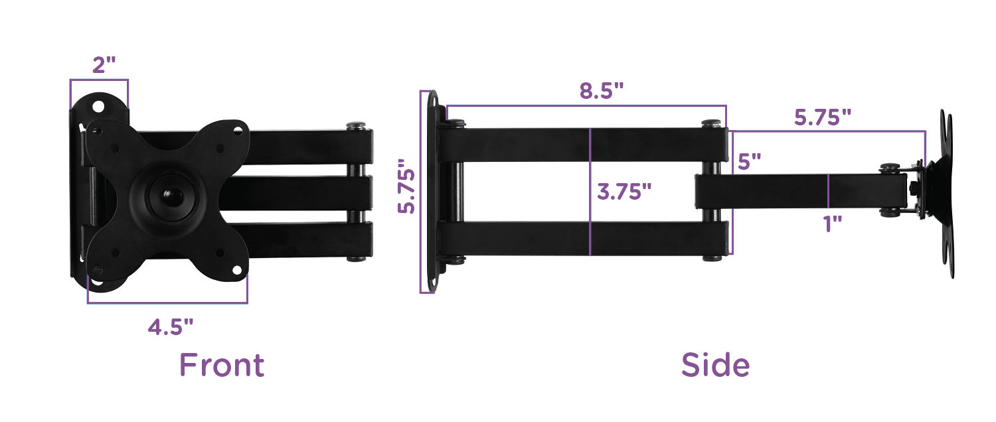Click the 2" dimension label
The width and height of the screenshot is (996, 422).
pyautogui.click(x=104, y=65)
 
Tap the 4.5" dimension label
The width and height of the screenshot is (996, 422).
pyautogui.click(x=171, y=326)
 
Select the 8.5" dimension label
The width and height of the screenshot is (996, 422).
pyautogui.click(x=602, y=91)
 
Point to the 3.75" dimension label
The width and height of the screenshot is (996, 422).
pyautogui.click(x=624, y=192)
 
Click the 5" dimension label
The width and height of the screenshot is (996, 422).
pyautogui.click(x=749, y=161)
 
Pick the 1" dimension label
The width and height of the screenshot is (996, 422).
pyautogui.click(x=833, y=224)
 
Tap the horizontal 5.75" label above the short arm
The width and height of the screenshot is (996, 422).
pyautogui.click(x=823, y=117)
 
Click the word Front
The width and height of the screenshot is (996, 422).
pyautogui.click(x=222, y=366)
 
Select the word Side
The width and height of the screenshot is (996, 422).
pyautogui.click(x=715, y=366)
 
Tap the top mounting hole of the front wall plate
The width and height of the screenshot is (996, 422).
pyautogui.click(x=98, y=105)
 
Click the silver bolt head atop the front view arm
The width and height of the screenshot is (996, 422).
pyautogui.click(x=356, y=125)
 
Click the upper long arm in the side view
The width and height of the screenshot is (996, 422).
pyautogui.click(x=531, y=145)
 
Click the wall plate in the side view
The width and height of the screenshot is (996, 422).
pyautogui.click(x=432, y=192)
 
